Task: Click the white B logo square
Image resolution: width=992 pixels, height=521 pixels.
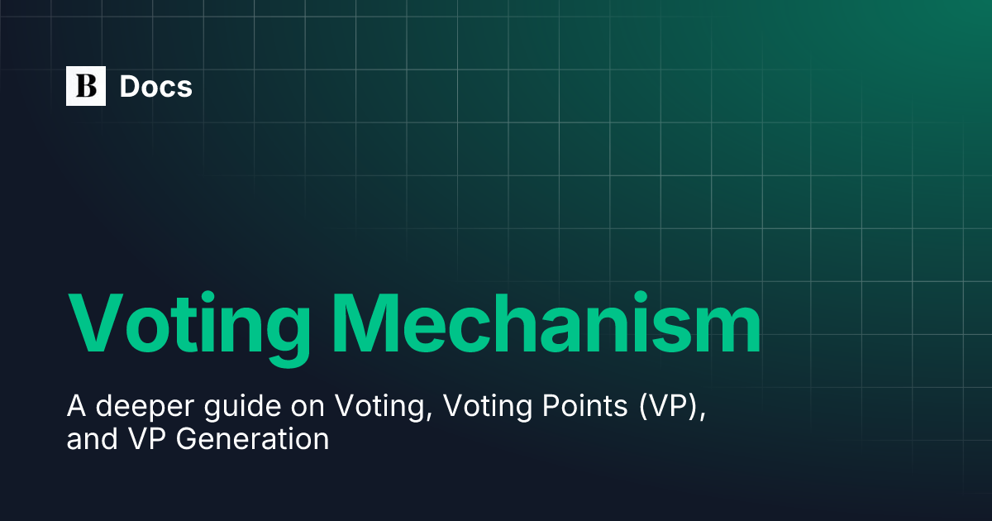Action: [86, 86]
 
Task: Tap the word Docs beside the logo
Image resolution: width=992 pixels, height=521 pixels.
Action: [156, 86]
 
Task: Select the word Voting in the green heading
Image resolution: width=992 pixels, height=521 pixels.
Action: [189, 323]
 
